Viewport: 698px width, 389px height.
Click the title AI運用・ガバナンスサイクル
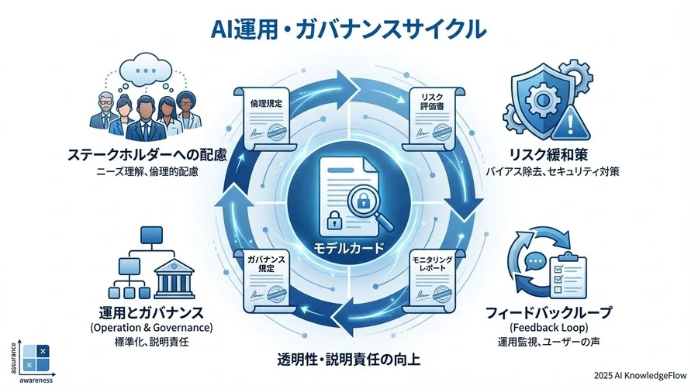[349, 29]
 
